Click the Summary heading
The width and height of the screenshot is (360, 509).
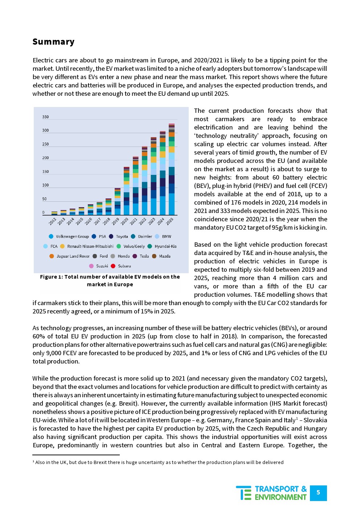(x=53, y=42)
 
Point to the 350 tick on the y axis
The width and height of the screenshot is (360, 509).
(x=45, y=117)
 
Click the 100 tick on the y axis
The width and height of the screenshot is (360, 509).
(x=45, y=185)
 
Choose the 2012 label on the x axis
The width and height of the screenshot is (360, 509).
(x=53, y=221)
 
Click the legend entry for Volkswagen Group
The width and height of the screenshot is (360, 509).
(x=69, y=237)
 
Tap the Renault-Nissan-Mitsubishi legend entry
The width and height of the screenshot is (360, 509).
(x=87, y=246)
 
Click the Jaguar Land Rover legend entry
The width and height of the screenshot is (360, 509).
(x=70, y=256)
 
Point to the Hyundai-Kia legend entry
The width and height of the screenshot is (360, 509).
(x=162, y=246)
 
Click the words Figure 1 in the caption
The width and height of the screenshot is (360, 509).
(x=51, y=277)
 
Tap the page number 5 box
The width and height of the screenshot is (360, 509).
(x=318, y=493)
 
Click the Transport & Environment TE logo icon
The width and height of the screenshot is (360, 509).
(x=244, y=493)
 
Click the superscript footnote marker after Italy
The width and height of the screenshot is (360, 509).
(x=297, y=418)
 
